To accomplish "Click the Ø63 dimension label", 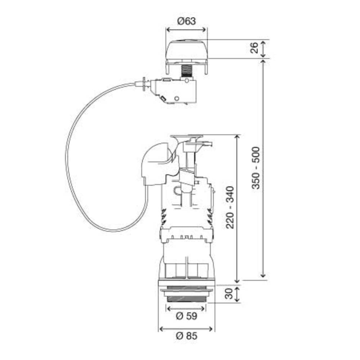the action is [186, 21].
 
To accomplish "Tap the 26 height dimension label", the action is [255, 48].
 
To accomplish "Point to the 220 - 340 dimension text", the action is [230, 207].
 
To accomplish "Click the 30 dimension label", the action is [229, 294].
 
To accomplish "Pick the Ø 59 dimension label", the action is [186, 316].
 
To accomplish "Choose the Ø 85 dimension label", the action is [186, 336].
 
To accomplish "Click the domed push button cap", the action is [186, 50].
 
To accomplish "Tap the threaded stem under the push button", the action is [186, 71].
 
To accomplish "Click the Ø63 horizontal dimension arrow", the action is [186, 30].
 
